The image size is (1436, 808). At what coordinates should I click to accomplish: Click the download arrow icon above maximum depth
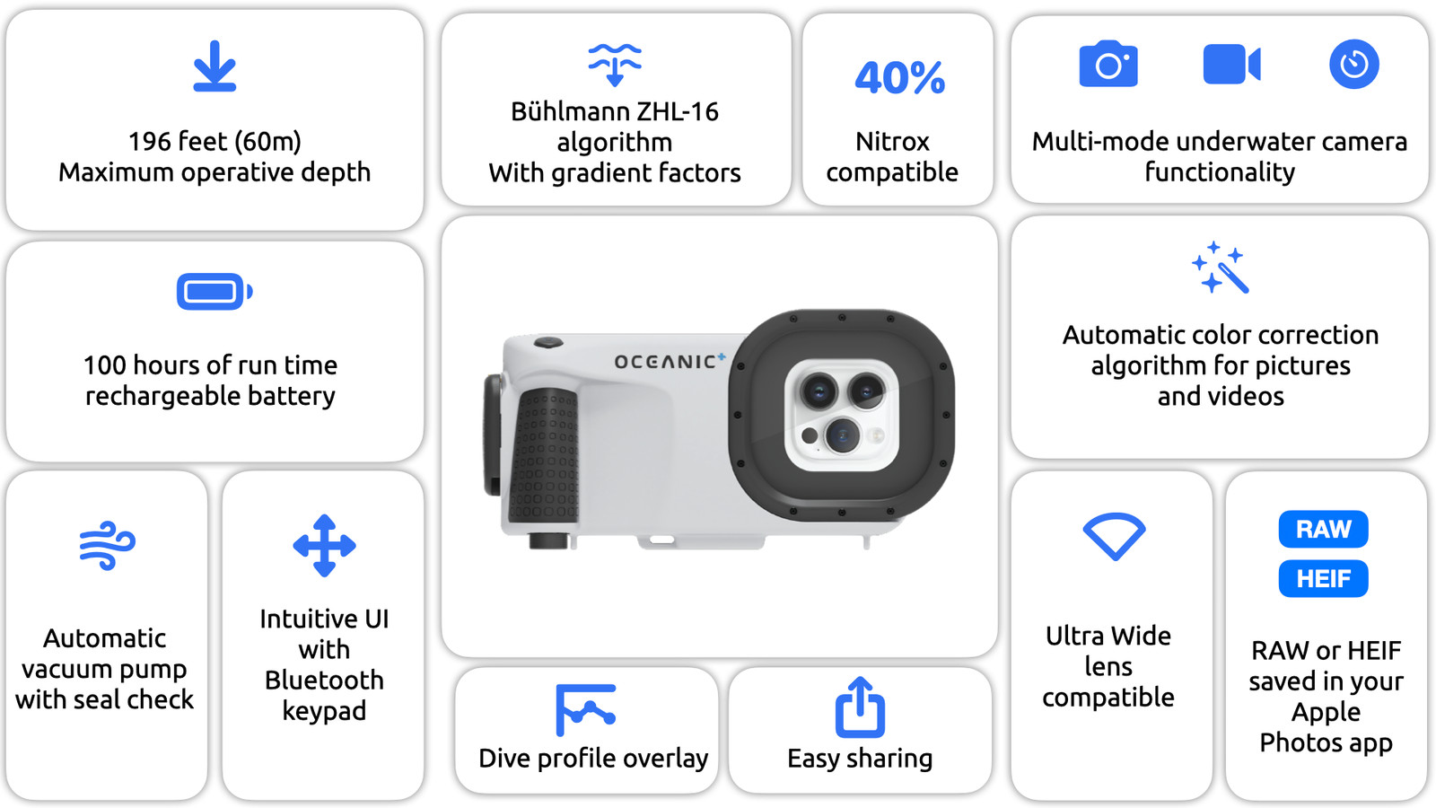(x=215, y=66)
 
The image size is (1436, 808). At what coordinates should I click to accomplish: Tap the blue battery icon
(x=215, y=292)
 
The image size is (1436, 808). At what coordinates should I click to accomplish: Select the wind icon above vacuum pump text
(x=107, y=546)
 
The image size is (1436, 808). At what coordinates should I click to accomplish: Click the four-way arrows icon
(x=324, y=546)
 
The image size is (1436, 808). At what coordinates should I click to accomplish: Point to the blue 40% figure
(x=900, y=77)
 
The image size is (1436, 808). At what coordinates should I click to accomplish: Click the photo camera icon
(x=1108, y=64)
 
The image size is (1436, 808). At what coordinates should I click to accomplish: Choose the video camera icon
(x=1232, y=64)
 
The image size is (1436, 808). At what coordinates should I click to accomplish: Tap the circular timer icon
(x=1354, y=64)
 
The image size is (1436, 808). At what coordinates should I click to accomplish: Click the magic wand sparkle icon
(x=1221, y=268)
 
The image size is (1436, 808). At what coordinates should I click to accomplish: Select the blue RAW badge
(x=1323, y=529)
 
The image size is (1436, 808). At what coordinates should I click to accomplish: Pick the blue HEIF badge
(x=1323, y=578)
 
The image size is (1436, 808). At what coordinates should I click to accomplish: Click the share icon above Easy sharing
(x=861, y=707)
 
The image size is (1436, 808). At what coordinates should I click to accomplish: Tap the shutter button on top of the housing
(x=548, y=342)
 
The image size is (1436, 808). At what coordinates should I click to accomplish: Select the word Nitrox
(x=892, y=142)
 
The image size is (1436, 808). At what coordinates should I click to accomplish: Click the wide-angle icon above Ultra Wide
(x=1114, y=536)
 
